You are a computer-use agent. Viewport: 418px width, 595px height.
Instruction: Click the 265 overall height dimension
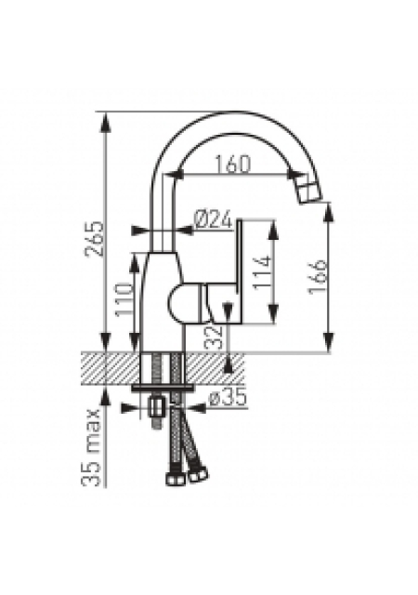[x=95, y=239]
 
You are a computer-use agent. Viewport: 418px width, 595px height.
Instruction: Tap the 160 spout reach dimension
[x=233, y=165]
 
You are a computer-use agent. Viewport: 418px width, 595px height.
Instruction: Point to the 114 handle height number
[x=262, y=272]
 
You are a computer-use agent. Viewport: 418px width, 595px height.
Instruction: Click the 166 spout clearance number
[x=317, y=276]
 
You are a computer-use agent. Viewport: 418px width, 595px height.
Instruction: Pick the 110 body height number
[x=124, y=299]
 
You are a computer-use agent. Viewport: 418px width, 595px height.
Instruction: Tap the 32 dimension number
[x=214, y=337]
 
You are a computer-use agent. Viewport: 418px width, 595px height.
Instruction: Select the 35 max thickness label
[x=91, y=448]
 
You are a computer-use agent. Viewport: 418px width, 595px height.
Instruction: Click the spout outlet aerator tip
[x=308, y=190]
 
